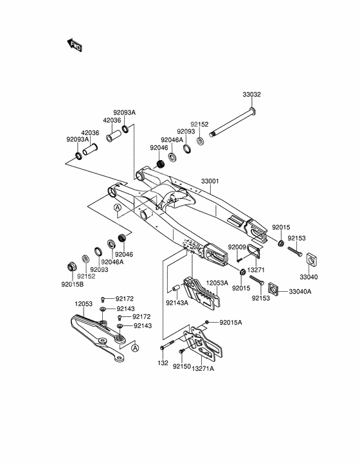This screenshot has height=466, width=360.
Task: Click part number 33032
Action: [252, 94]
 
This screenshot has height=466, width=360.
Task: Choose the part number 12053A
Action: [217, 282]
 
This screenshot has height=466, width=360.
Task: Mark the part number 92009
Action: [237, 246]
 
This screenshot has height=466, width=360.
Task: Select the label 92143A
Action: [177, 302]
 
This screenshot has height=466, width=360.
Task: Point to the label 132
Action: [163, 363]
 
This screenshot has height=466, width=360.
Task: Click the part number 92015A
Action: [231, 322]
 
